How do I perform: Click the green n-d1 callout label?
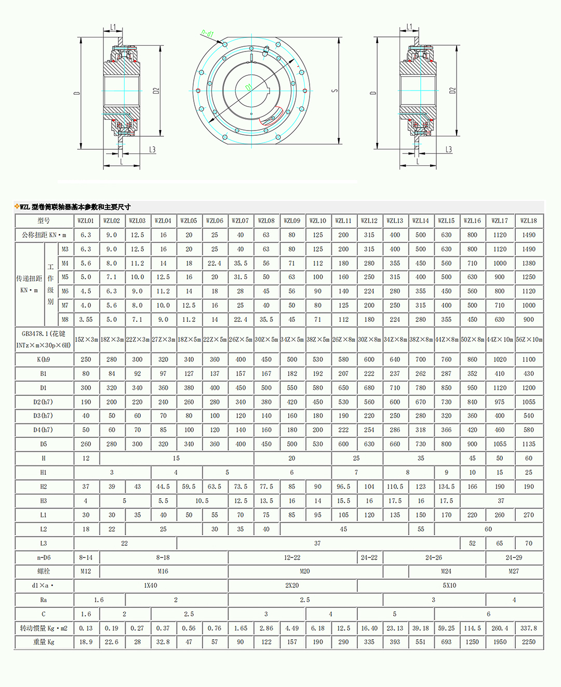point(207,34)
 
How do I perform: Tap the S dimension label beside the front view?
point(335,90)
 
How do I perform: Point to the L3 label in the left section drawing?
point(152,150)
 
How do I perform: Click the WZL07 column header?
point(241,221)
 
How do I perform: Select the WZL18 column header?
point(528,221)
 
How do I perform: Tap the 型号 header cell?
point(44,221)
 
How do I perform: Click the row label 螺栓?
point(44,571)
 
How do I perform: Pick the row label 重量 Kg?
point(44,642)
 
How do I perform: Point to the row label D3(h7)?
point(44,416)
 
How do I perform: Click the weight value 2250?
point(528,642)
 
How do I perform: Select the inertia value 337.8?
point(528,628)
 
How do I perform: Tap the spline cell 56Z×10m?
point(529,340)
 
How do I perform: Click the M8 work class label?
point(65,319)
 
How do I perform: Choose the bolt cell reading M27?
point(514,571)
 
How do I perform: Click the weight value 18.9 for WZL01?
point(86,642)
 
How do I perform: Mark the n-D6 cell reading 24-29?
point(514,558)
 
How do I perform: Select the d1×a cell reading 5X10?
point(449,585)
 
